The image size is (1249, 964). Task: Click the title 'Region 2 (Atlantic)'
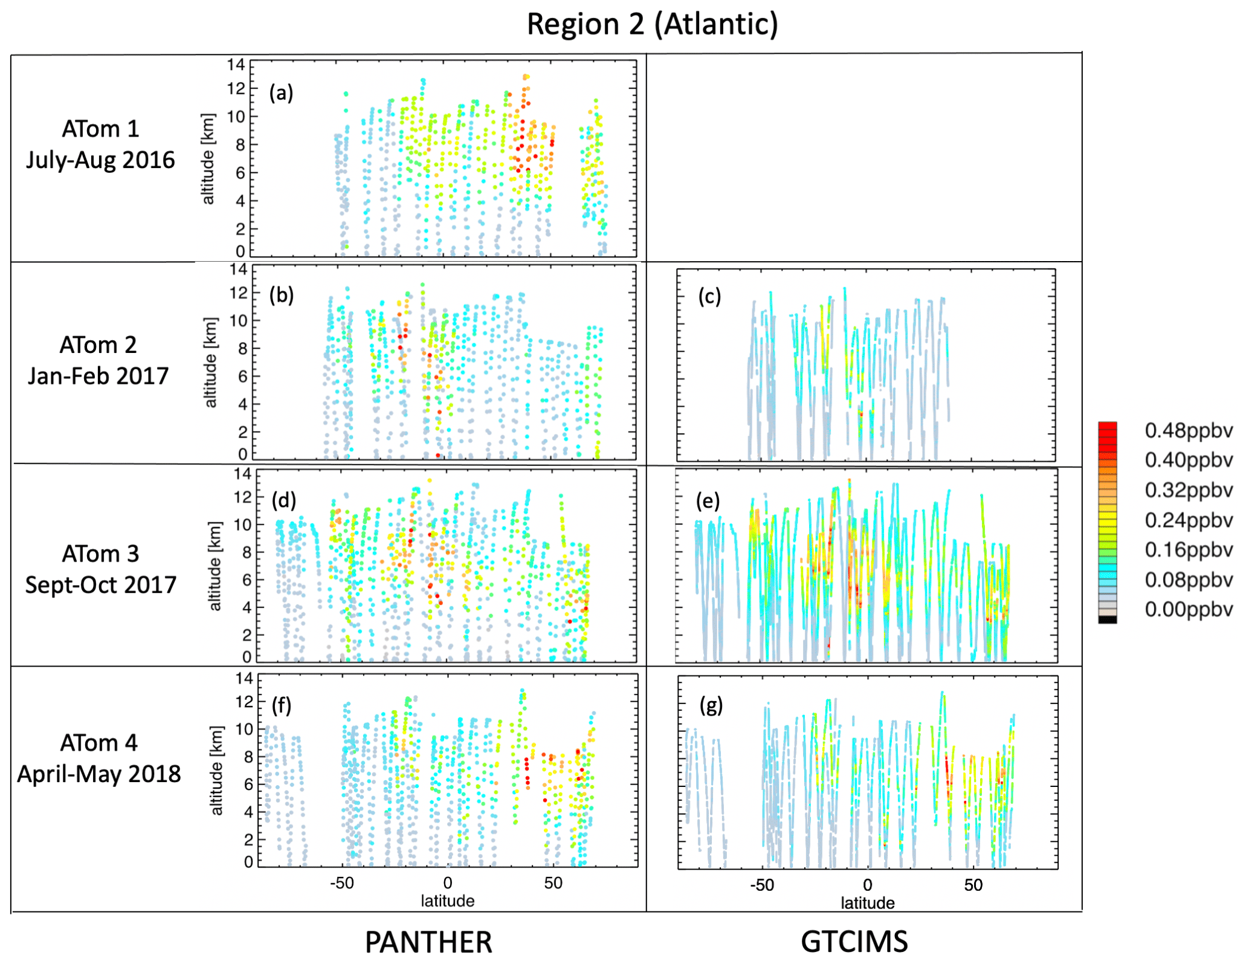point(652,25)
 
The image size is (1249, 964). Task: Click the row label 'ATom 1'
point(100,129)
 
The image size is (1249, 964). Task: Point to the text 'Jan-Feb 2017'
point(98,376)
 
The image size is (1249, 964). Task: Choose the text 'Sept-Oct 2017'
point(100,584)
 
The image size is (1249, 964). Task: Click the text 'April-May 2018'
point(99,774)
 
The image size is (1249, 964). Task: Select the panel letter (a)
point(281,92)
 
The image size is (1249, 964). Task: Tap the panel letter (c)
point(709,296)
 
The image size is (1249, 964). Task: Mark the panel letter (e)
point(708,500)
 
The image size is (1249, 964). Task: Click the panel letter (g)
point(711,705)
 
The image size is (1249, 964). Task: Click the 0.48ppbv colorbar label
point(1189,430)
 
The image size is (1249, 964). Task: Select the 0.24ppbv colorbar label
point(1189,520)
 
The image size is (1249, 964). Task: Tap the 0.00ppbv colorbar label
point(1189,609)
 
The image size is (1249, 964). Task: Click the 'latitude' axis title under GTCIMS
point(867,903)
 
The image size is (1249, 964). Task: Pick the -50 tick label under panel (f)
point(341,883)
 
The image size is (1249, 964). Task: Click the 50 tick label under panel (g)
point(973,885)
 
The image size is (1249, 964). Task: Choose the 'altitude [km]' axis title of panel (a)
point(208,159)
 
